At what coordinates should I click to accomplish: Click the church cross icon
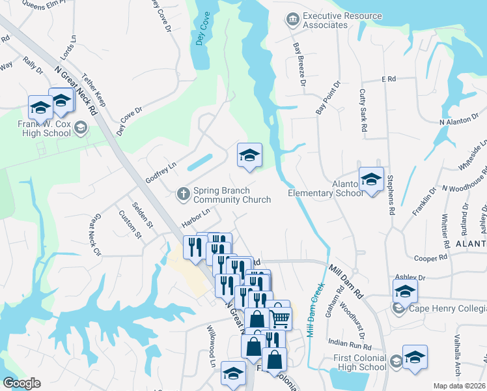[184, 192]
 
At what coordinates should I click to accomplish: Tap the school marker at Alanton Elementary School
[371, 178]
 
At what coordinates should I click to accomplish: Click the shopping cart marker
[280, 318]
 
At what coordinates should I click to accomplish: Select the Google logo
[21, 383]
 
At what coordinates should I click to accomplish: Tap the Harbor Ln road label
[196, 218]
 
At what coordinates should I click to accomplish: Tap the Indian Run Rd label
[344, 342]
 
